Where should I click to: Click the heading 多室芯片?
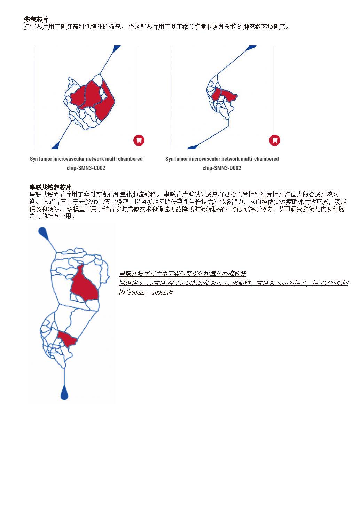pyautogui.click(x=36, y=19)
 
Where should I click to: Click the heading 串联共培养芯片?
pyautogui.click(x=50, y=188)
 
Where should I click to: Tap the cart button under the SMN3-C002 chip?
pyautogui.click(x=139, y=140)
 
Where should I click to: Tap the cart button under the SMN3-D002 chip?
pyautogui.click(x=274, y=140)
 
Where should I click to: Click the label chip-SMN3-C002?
pyautogui.click(x=86, y=168)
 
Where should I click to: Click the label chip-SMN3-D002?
pyautogui.click(x=222, y=168)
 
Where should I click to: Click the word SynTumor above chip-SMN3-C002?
pyautogui.click(x=41, y=159)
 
